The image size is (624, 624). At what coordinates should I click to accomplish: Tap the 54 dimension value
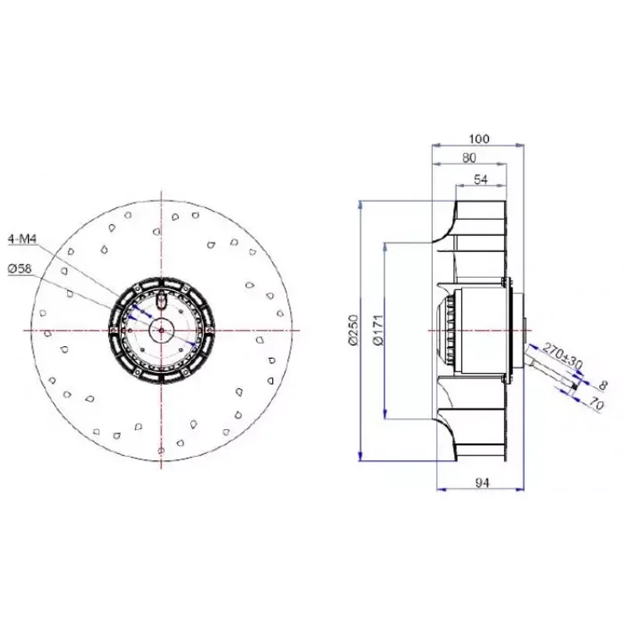(x=480, y=180)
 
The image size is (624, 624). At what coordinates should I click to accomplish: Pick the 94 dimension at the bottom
(x=480, y=484)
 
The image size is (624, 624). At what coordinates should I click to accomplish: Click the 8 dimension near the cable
(x=601, y=385)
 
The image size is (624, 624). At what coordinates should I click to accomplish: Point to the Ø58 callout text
(x=20, y=268)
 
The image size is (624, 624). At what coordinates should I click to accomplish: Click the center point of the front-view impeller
(x=161, y=331)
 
